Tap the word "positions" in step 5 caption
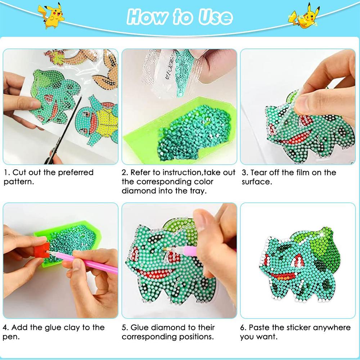coord(196,337)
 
